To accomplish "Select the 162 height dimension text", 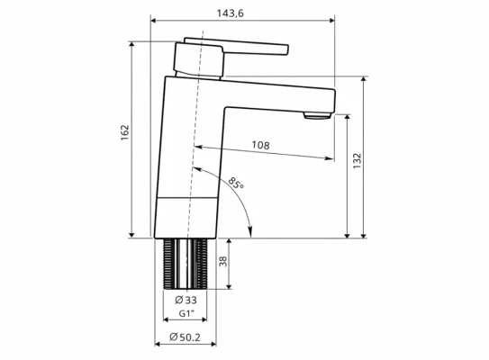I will pos(125,132).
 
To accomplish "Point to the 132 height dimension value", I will pos(358,159).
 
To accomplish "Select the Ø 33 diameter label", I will pos(186,301).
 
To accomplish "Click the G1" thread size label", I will pos(186,315).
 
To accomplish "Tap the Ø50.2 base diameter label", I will pos(185,337).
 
